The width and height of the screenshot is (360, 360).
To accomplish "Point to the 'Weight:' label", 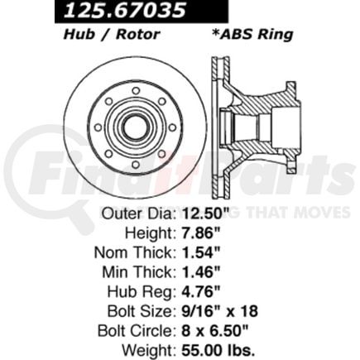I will tap(149, 349).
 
